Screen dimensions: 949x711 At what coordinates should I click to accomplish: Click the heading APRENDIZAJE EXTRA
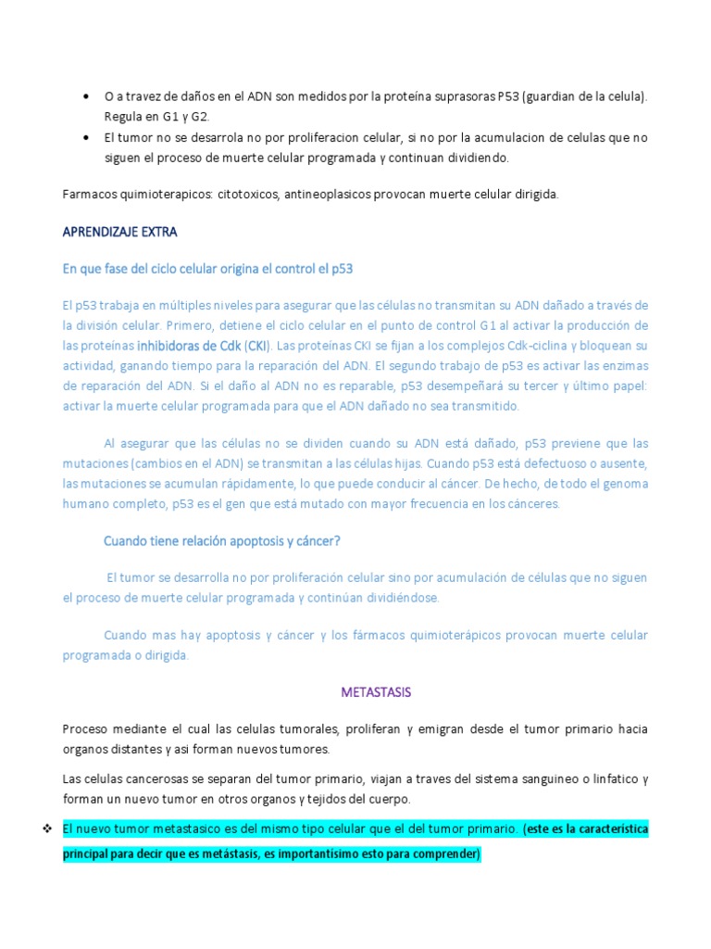(119, 232)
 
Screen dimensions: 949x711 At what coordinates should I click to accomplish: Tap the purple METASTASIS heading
(376, 692)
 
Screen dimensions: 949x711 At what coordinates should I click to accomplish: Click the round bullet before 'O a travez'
(85, 96)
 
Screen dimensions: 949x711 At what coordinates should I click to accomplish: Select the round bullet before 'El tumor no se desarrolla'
(85, 137)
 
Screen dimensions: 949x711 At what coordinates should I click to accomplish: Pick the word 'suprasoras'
(459, 96)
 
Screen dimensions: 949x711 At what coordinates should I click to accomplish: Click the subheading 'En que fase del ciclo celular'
(207, 269)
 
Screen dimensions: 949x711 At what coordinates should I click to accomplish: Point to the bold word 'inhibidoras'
(171, 347)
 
